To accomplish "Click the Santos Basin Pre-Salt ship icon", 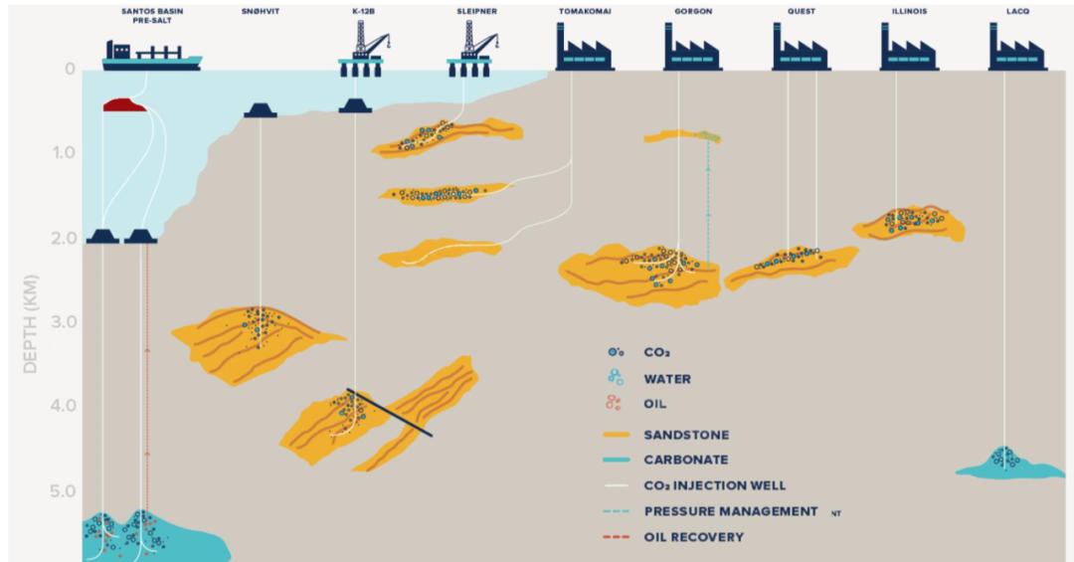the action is click(x=152, y=56).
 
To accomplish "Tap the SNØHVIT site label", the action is click(x=261, y=12).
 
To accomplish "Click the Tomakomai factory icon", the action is click(x=585, y=47).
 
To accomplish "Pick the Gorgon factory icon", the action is click(x=692, y=47).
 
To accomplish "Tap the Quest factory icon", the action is click(x=802, y=47).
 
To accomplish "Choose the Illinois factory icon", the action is click(x=910, y=47).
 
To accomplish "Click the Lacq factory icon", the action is click(x=1018, y=47).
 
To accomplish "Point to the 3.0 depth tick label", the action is click(x=63, y=321).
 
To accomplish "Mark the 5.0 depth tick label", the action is click(x=63, y=491).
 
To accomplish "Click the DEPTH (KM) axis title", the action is click(x=30, y=324).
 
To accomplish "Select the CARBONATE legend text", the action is click(x=685, y=460).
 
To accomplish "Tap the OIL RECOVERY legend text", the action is click(x=694, y=537).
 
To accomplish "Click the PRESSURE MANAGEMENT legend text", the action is click(x=731, y=511).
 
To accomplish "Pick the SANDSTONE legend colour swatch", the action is click(x=617, y=435).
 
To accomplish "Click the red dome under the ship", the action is click(x=124, y=104).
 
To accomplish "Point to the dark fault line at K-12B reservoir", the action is click(x=389, y=413).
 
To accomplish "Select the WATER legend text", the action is click(x=667, y=379).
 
